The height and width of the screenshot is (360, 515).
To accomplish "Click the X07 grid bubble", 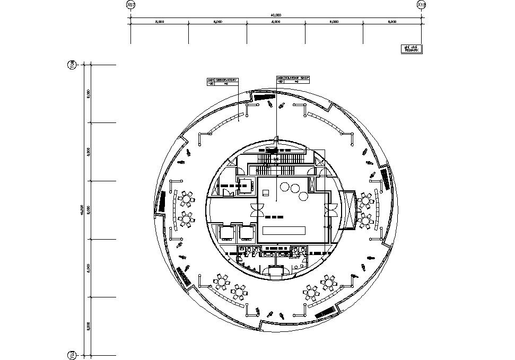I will (x=131, y=5).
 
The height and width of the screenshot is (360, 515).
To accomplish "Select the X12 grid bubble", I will (x=422, y=5).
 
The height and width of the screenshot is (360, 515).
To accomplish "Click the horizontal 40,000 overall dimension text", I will (x=276, y=15).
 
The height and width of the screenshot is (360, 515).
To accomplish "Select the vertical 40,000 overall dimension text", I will (x=82, y=210).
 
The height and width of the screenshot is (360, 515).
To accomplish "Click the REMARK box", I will (x=412, y=49).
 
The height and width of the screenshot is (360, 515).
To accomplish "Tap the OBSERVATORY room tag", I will (x=222, y=81).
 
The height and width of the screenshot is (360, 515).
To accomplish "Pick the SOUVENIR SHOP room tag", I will (x=293, y=80).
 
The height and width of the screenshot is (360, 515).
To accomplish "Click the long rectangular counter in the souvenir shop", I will (x=284, y=231).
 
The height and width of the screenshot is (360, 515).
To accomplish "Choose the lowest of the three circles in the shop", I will (x=303, y=196).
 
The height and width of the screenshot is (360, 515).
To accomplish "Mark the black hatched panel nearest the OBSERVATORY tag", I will (x=262, y=96).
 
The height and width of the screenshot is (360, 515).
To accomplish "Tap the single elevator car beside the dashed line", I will (x=245, y=186).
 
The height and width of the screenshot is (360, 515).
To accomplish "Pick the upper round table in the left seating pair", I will (x=186, y=199).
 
